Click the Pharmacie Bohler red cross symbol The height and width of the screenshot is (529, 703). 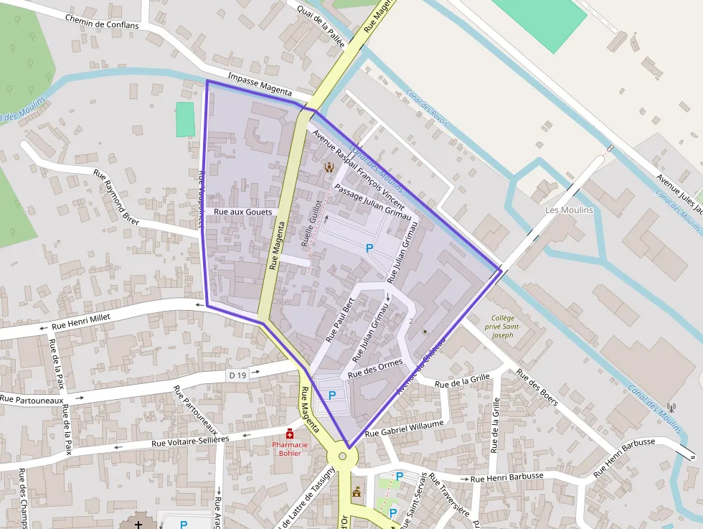pos(290,434)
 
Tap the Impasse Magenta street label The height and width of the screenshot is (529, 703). pos(260,85)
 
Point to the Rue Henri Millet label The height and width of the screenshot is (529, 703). pos(83,319)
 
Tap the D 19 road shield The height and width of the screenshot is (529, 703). pos(238,375)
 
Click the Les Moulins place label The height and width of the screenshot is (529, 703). pos(570,210)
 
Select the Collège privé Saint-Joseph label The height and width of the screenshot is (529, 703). pos(507,326)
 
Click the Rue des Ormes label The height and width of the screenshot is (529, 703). pos(375,369)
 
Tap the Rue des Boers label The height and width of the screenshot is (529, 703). pos(537,388)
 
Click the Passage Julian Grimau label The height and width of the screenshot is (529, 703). pos(372,202)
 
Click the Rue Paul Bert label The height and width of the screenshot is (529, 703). pos(340,319)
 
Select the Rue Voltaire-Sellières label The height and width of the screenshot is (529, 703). pos(190,441)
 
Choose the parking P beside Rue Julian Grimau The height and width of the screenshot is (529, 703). pos(369,248)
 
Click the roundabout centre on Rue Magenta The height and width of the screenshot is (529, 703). pos(342,456)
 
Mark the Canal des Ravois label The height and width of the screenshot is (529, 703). pos(427,108)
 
